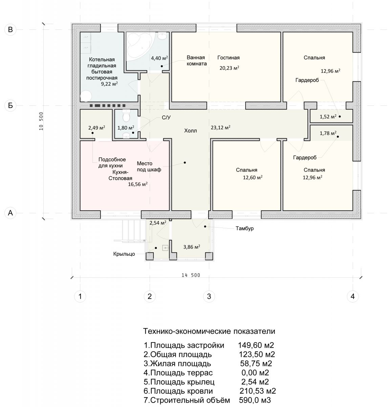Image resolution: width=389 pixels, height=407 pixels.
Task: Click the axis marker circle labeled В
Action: pyautogui.click(x=10, y=30)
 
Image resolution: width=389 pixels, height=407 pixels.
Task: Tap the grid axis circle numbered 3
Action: pyautogui.click(x=209, y=296)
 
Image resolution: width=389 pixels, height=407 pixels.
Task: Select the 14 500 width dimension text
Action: pyautogui.click(x=191, y=275)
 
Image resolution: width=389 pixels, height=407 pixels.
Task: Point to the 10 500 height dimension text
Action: pyautogui.click(x=41, y=121)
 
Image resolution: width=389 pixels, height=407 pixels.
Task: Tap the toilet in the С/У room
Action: pyautogui.click(x=126, y=115)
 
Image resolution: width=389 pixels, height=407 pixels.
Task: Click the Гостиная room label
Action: pyautogui.click(x=228, y=58)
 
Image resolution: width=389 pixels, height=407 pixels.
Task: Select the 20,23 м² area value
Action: pyautogui.click(x=229, y=68)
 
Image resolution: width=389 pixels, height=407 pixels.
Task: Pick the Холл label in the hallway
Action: pyautogui.click(x=190, y=131)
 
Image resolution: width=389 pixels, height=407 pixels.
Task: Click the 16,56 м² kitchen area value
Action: pyautogui.click(x=137, y=184)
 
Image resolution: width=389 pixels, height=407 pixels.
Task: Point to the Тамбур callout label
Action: pyautogui.click(x=244, y=228)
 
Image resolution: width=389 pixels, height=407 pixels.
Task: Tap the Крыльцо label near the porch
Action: pyautogui.click(x=124, y=254)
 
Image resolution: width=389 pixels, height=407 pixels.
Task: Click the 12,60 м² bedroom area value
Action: pyautogui.click(x=253, y=177)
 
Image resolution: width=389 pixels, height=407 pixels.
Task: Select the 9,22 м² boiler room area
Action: pyautogui.click(x=109, y=84)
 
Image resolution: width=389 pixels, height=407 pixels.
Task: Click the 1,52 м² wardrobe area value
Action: pyautogui.click(x=328, y=116)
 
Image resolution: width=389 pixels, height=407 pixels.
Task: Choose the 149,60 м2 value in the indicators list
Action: pyautogui.click(x=256, y=345)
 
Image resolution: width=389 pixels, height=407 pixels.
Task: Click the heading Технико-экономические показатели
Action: pyautogui.click(x=209, y=331)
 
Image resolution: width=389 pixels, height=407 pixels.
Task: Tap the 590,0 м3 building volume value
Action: pyautogui.click(x=255, y=400)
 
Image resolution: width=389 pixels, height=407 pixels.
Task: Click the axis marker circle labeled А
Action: pyautogui.click(x=10, y=213)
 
